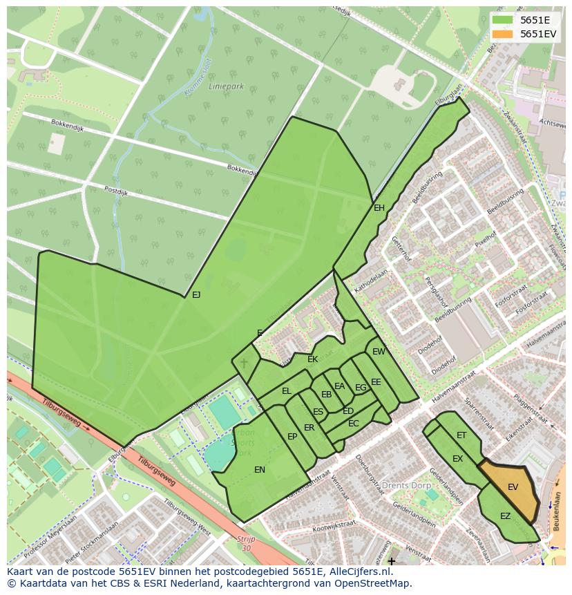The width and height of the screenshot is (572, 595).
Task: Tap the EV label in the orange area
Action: [x=513, y=487]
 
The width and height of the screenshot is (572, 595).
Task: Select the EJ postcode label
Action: [x=196, y=295]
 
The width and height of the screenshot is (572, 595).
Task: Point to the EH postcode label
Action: [x=379, y=208]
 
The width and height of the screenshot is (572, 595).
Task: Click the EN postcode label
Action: [x=260, y=470]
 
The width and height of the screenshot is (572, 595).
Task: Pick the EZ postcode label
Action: [x=505, y=516]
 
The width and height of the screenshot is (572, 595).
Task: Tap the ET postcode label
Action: [x=461, y=435]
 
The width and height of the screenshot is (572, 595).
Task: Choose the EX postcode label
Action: [x=457, y=459]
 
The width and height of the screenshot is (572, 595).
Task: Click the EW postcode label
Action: [x=379, y=352]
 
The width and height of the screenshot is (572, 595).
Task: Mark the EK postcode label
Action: [x=312, y=359]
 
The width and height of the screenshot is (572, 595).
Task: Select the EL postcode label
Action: [x=287, y=391]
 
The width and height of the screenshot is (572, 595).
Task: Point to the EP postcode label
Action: [x=292, y=437]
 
